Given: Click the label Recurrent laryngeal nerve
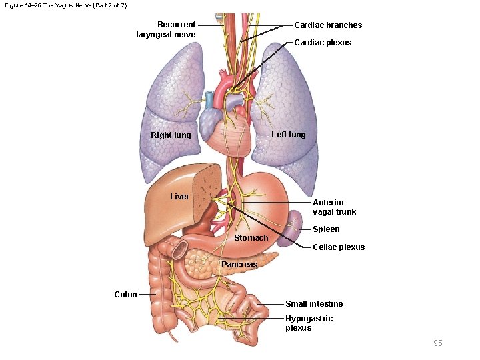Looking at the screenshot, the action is pos(166,29).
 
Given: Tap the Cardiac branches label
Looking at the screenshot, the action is pos(328,25).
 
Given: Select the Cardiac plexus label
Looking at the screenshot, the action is pos(323,43).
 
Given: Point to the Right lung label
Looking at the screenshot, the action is pos(171,135).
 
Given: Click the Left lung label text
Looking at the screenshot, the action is pos(288,135).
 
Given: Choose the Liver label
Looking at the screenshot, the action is pos(180,197).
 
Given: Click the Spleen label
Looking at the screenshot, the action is pos(326,229).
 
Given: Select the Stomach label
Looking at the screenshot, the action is pos(251,238).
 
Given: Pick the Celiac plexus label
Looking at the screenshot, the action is pos(339,247).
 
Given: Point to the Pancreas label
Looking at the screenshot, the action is pos(239,265).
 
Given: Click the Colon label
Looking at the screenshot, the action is pos(125,294).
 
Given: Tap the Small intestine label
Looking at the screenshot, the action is pos(314,304).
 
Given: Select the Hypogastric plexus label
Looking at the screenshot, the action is pos(309,323).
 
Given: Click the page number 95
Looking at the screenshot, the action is pos(437,343).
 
